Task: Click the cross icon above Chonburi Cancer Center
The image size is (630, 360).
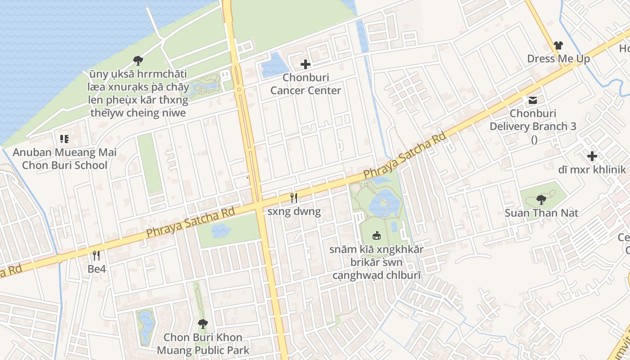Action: [306, 64]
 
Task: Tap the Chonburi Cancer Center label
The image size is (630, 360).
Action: [306, 84]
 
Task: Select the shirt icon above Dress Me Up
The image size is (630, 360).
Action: [558, 45]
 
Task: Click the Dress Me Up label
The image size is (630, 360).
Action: [558, 59]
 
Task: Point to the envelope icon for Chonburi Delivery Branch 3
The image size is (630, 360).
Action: [533, 100]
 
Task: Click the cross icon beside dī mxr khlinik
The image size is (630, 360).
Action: [592, 156]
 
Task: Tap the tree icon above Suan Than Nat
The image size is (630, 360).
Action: [541, 199]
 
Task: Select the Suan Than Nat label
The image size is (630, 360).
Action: [541, 213]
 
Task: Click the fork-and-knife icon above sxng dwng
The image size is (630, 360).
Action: [294, 198]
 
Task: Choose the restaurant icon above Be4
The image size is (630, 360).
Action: [96, 256]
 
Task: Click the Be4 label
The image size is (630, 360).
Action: [97, 269]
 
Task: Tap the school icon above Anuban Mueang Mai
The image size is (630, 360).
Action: [64, 139]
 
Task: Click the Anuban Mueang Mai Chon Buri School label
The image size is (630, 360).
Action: [64, 159]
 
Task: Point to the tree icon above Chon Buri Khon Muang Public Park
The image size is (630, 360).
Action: [203, 323]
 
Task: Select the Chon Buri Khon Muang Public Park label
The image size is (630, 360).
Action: [203, 344]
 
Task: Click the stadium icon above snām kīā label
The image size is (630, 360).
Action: [377, 235]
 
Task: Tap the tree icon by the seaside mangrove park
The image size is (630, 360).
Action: [138, 60]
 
